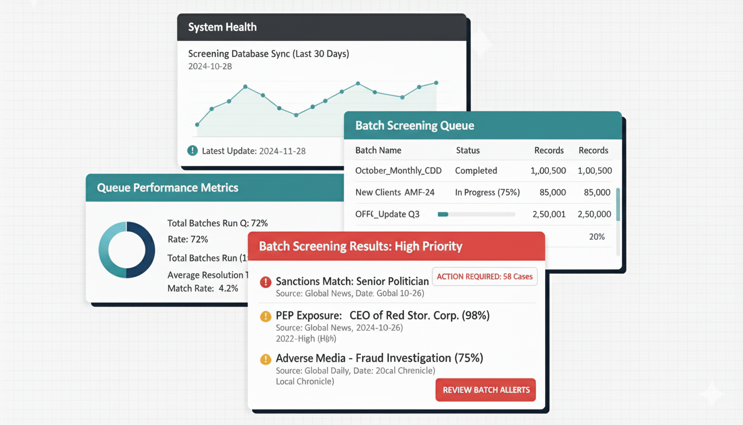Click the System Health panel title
click(x=222, y=27)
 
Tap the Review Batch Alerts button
click(x=486, y=390)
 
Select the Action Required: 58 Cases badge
click(x=484, y=276)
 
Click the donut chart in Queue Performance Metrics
click(x=127, y=250)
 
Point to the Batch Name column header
click(x=378, y=151)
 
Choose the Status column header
click(x=468, y=151)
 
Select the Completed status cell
click(x=476, y=170)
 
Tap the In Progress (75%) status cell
click(x=487, y=193)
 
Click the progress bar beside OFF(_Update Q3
click(x=476, y=214)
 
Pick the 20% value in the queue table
click(x=597, y=236)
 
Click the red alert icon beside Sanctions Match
click(x=265, y=282)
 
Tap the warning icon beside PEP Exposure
click(x=265, y=317)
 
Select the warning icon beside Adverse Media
click(x=265, y=359)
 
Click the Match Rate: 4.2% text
click(x=202, y=288)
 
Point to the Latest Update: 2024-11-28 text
click(x=254, y=151)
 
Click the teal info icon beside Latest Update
click(x=192, y=151)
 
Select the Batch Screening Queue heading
click(x=415, y=126)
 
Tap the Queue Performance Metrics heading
click(x=168, y=188)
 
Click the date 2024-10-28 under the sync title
click(x=210, y=66)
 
